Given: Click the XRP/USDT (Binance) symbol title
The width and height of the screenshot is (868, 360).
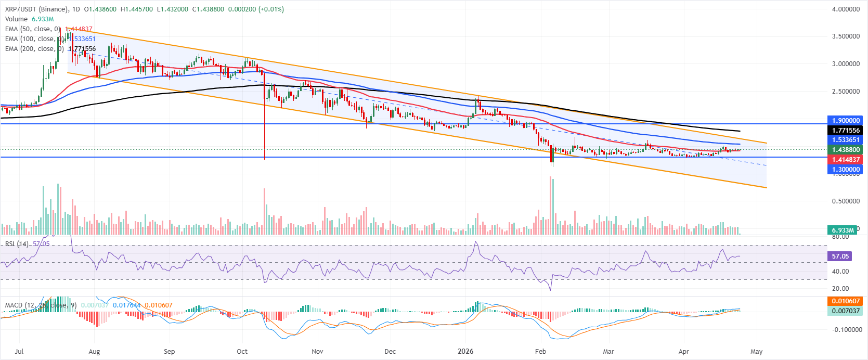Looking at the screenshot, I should tap(36, 9).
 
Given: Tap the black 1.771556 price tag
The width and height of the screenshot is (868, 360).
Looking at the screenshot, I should tap(846, 131).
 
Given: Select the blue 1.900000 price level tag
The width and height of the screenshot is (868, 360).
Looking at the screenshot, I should tap(846, 121).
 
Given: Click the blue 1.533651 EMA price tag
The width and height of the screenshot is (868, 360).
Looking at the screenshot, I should tap(846, 140).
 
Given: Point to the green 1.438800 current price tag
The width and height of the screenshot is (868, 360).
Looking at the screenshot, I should tap(846, 150).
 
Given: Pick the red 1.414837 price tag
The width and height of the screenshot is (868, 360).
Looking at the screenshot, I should tap(846, 160).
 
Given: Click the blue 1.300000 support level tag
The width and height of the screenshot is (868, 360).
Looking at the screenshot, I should tap(846, 170).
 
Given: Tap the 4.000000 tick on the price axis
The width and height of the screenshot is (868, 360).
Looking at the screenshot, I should tap(846, 9).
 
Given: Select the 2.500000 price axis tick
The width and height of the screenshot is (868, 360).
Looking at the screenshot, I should tap(846, 92).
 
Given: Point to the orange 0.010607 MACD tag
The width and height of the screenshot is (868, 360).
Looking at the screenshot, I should tap(846, 301).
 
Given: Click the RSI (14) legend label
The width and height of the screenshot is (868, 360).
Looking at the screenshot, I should tap(17, 243).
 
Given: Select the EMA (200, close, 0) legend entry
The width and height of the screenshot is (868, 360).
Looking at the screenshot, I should tap(33, 49).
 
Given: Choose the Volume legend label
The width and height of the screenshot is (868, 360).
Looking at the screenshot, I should tap(16, 19).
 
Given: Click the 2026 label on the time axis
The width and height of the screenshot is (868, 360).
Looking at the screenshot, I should tap(465, 352).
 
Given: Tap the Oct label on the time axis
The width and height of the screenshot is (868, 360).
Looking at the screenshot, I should tap(242, 352).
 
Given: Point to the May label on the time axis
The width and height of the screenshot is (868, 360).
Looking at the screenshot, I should tap(757, 352).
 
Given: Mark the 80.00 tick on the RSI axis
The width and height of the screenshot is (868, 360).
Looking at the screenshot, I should tap(840, 237).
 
